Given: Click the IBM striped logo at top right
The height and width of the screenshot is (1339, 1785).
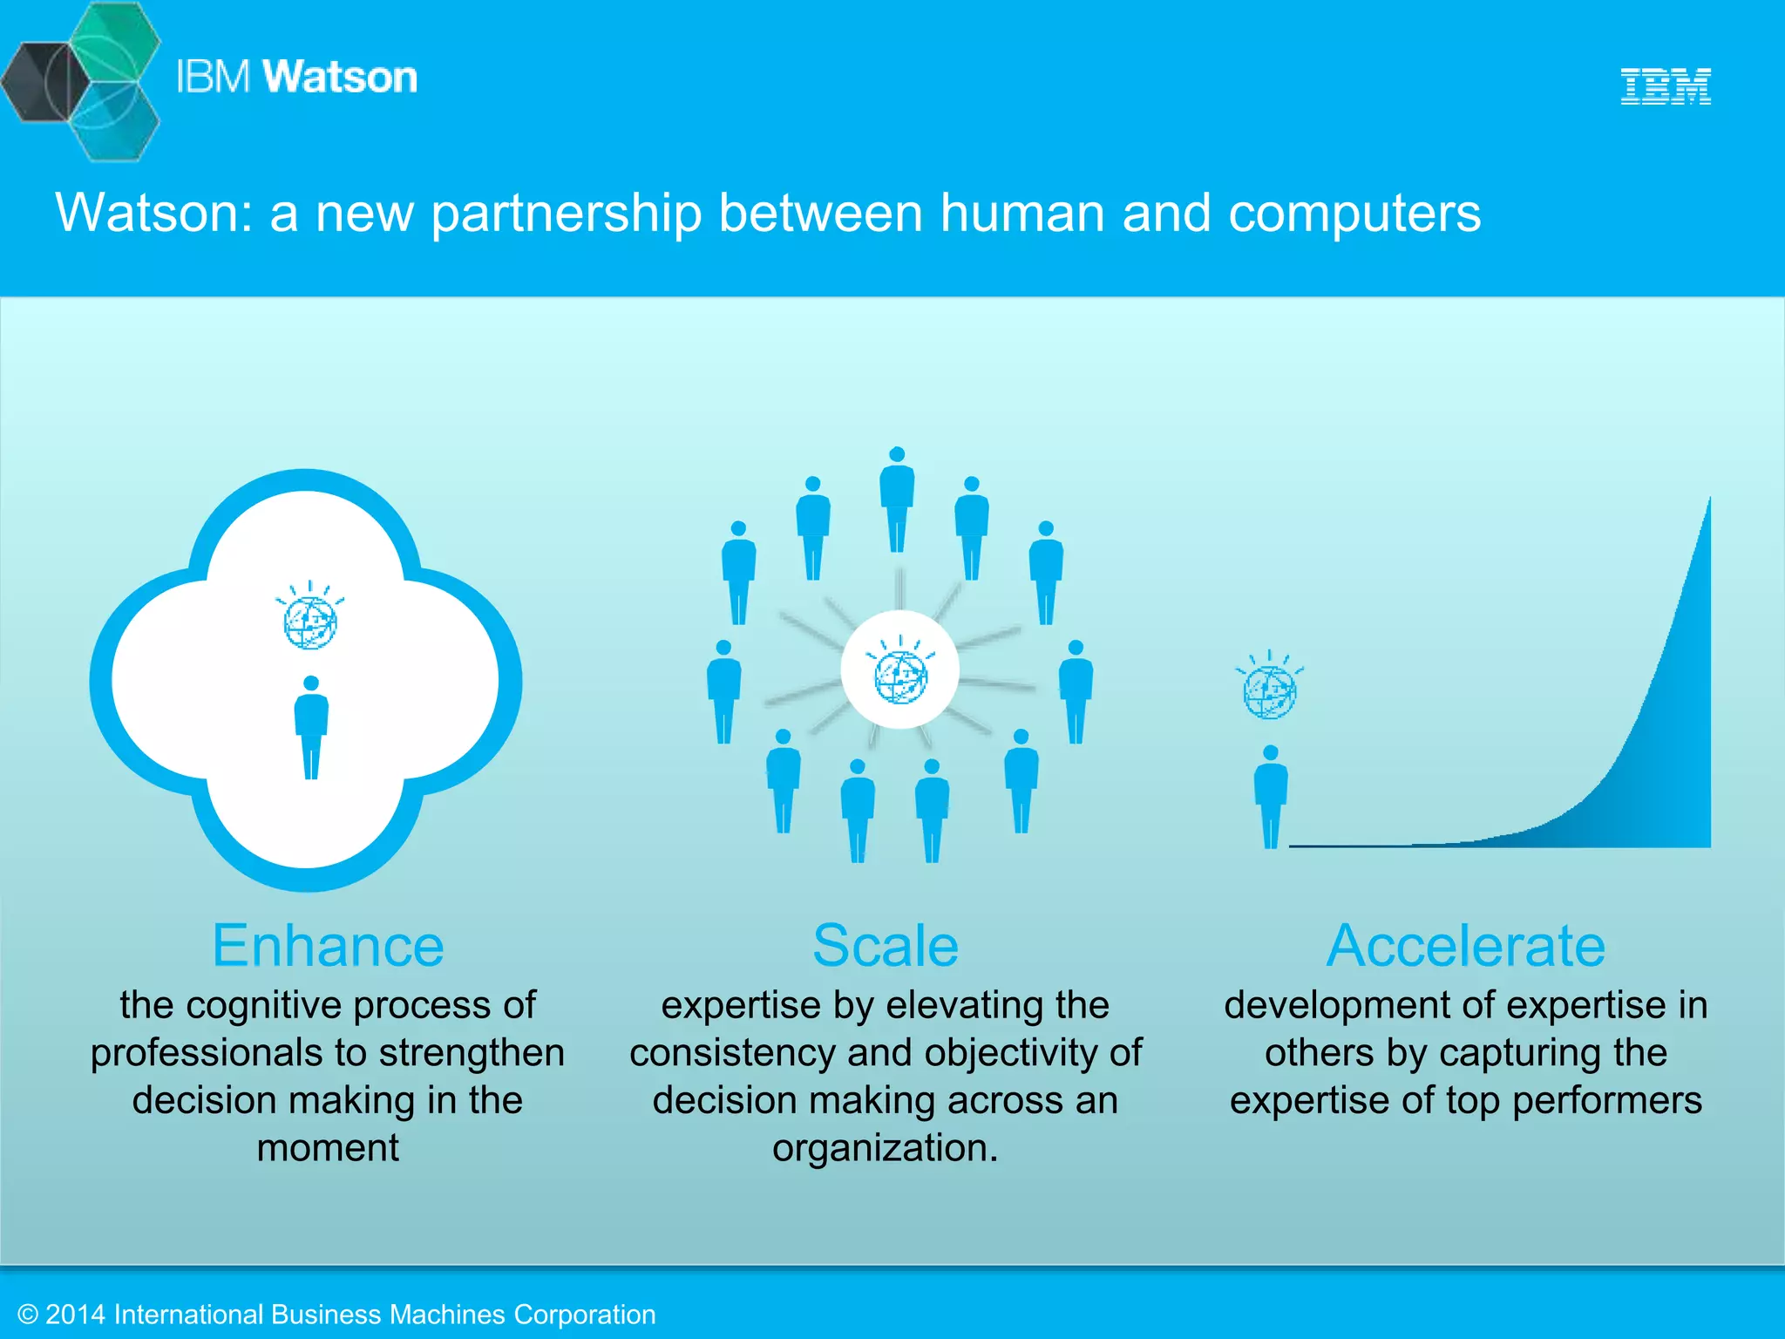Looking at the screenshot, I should tap(1666, 86).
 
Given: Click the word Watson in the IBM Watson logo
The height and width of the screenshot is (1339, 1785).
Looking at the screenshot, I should tap(340, 77).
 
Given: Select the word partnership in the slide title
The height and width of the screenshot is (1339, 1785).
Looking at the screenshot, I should tap(567, 214).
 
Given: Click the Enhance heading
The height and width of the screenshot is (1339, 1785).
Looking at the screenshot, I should tap(328, 946).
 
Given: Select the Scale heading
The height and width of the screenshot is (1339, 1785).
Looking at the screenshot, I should tap(886, 946).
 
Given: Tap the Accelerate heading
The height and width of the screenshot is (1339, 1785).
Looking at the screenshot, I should tap(1466, 946).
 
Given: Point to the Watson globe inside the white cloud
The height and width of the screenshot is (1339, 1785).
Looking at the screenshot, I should tap(310, 620).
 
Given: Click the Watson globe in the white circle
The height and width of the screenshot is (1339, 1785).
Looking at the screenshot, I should tap(900, 675).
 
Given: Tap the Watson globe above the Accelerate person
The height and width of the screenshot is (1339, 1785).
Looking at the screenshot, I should tap(1270, 690).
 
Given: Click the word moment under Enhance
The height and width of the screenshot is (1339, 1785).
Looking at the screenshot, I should tap(328, 1148).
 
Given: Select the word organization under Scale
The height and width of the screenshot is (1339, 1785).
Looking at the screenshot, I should tap(884, 1148).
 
